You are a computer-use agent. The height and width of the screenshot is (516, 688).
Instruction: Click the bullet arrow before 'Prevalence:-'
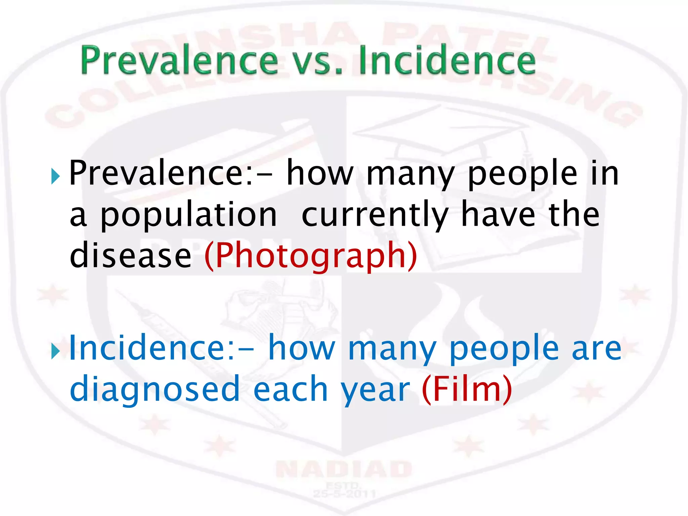55,176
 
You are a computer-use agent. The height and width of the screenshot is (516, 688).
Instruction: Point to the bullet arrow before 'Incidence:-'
55,351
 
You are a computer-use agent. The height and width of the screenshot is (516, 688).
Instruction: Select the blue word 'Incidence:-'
161,348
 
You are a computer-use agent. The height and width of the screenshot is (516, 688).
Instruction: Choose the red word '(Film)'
467,389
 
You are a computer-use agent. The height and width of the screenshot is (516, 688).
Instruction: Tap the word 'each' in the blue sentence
291,389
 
